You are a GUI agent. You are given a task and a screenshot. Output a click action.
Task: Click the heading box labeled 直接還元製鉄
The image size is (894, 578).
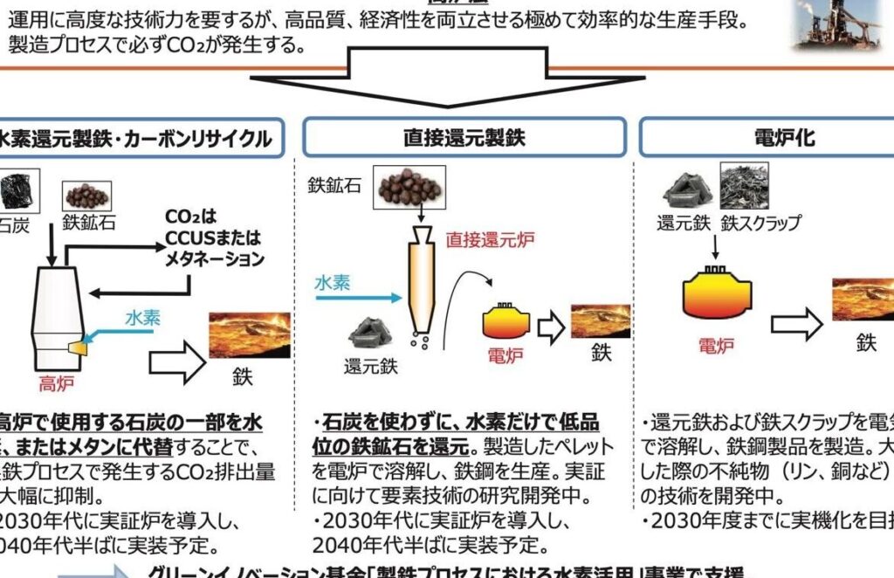(464, 138)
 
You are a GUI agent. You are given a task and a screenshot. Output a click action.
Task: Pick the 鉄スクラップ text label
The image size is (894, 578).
(760, 223)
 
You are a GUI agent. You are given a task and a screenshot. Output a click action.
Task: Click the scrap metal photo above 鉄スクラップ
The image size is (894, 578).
(744, 185)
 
